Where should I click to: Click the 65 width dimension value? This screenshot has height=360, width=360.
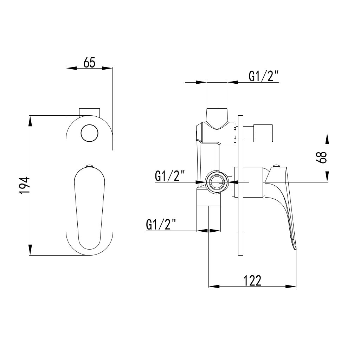(89, 62)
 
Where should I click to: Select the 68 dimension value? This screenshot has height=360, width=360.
(321, 157)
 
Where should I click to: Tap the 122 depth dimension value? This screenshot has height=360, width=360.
(253, 281)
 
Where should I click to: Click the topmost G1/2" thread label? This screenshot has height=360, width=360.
(263, 76)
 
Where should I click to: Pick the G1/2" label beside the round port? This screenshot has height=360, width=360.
(170, 176)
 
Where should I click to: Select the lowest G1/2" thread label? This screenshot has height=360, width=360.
(161, 224)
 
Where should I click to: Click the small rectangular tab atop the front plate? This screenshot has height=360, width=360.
(89, 112)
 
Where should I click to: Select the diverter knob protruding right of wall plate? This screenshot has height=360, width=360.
(263, 133)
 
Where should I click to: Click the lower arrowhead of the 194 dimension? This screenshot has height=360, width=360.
(31, 250)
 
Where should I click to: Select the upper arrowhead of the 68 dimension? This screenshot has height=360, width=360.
(327, 138)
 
